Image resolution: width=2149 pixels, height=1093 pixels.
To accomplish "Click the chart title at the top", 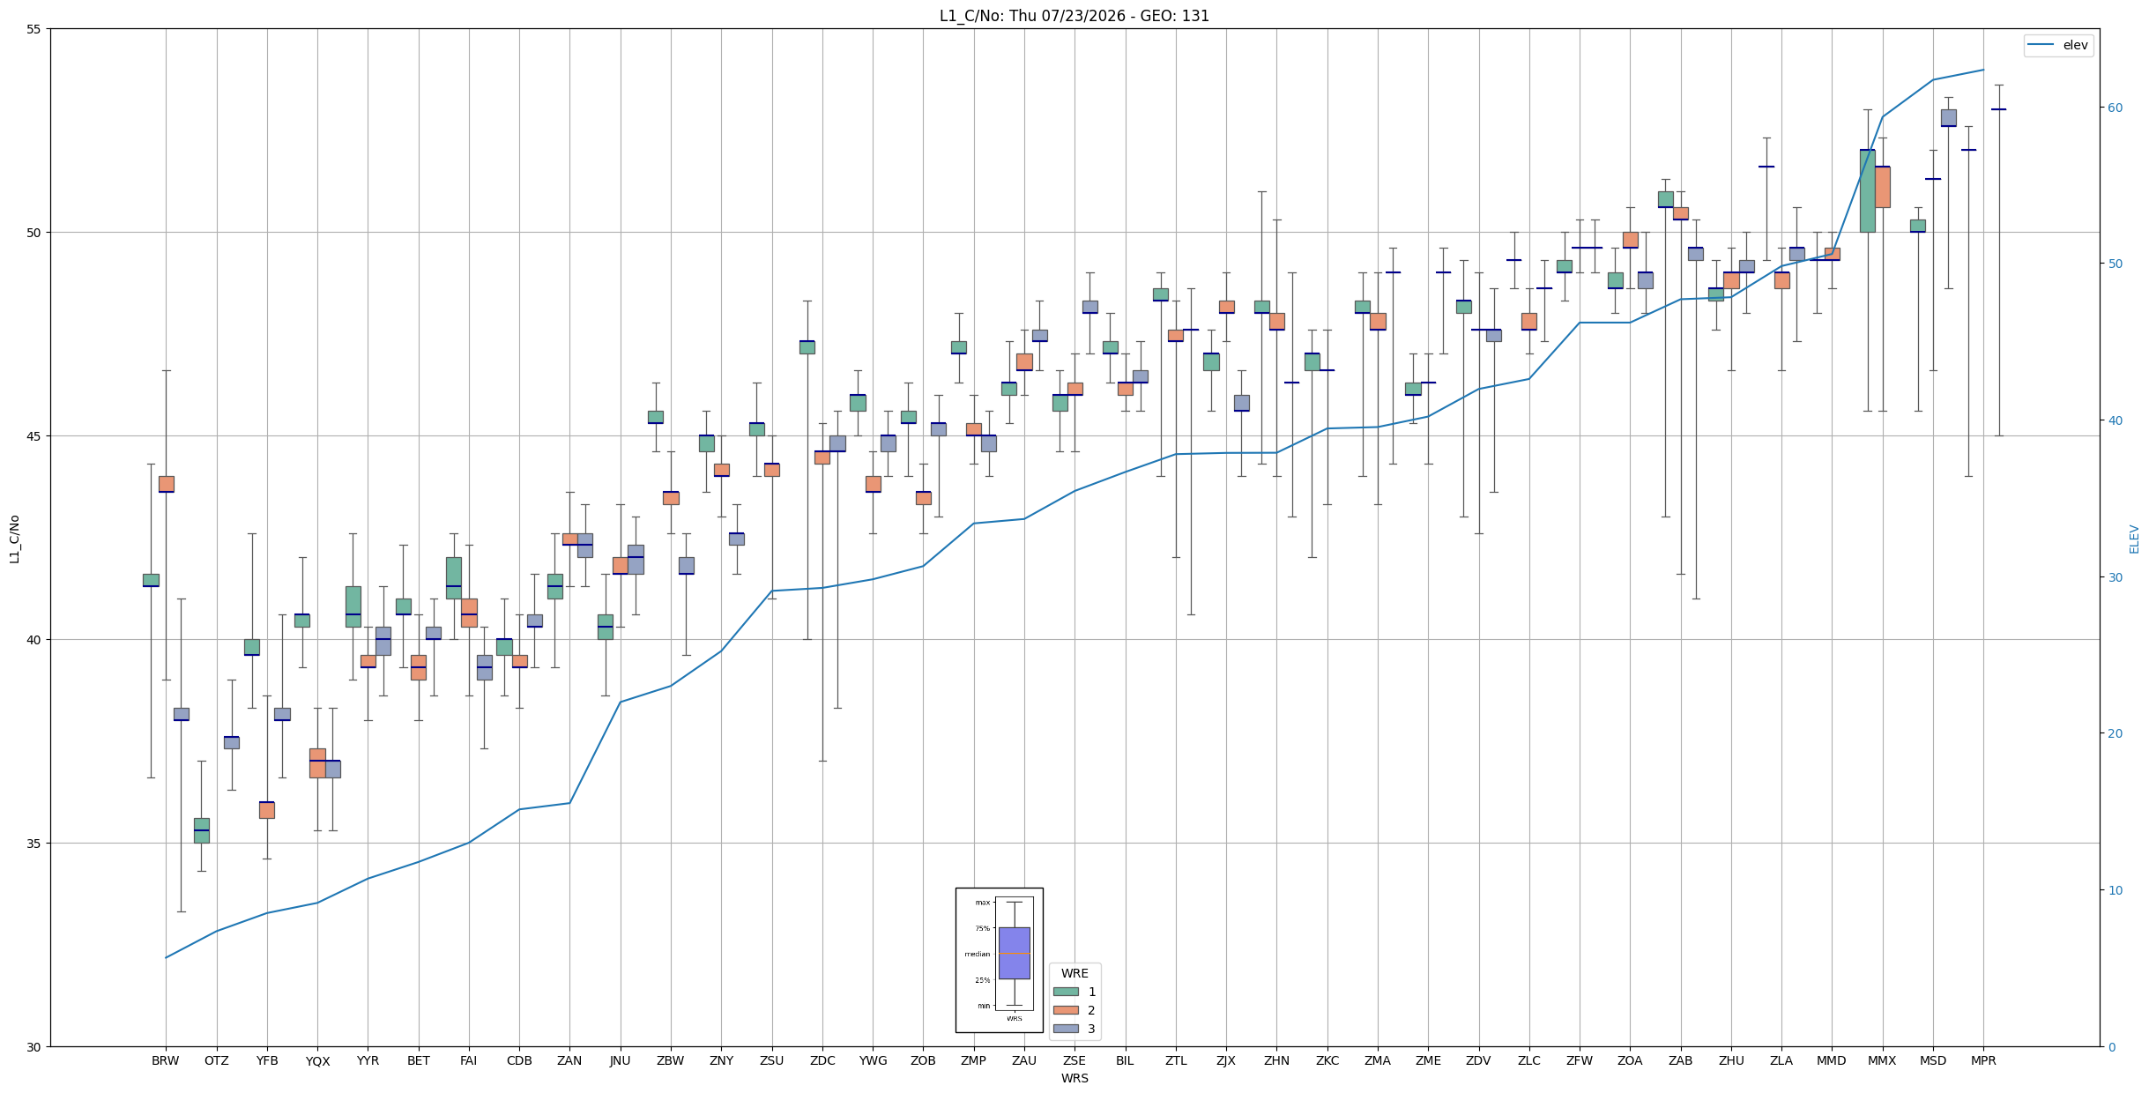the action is [1074, 16].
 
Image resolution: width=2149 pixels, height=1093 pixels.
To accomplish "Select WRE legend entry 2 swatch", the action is [1066, 1010].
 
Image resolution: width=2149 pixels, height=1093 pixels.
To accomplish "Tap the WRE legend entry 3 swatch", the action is [1066, 1029].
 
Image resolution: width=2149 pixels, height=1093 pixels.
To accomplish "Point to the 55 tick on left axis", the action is [34, 29].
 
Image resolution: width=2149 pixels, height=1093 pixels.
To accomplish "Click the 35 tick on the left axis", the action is [34, 844].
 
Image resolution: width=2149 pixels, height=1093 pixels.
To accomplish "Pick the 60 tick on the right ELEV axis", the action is [2116, 108].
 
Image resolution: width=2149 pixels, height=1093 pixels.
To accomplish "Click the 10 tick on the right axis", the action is [2116, 890].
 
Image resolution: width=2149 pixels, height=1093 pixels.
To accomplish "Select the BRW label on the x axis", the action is [166, 1060].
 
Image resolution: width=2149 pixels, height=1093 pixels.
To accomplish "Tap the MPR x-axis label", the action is [1983, 1060].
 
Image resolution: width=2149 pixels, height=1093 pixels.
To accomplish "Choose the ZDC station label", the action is [822, 1060].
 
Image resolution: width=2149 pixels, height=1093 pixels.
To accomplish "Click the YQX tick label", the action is [317, 1060].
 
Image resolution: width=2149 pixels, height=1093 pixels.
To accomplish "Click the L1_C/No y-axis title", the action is [14, 539].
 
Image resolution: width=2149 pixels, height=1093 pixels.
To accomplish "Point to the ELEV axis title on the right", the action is [2134, 539].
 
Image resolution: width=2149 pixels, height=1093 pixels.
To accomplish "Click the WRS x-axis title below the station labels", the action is [1074, 1078].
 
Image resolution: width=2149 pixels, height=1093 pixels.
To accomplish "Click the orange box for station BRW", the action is [166, 484].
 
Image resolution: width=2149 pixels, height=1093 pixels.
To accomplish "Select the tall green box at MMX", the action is [1867, 190].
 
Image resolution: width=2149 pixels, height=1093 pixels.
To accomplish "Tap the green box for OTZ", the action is [202, 830].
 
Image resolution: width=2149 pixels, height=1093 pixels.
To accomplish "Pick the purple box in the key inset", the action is [1014, 953].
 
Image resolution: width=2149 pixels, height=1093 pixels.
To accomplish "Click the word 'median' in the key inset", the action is [977, 954].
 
